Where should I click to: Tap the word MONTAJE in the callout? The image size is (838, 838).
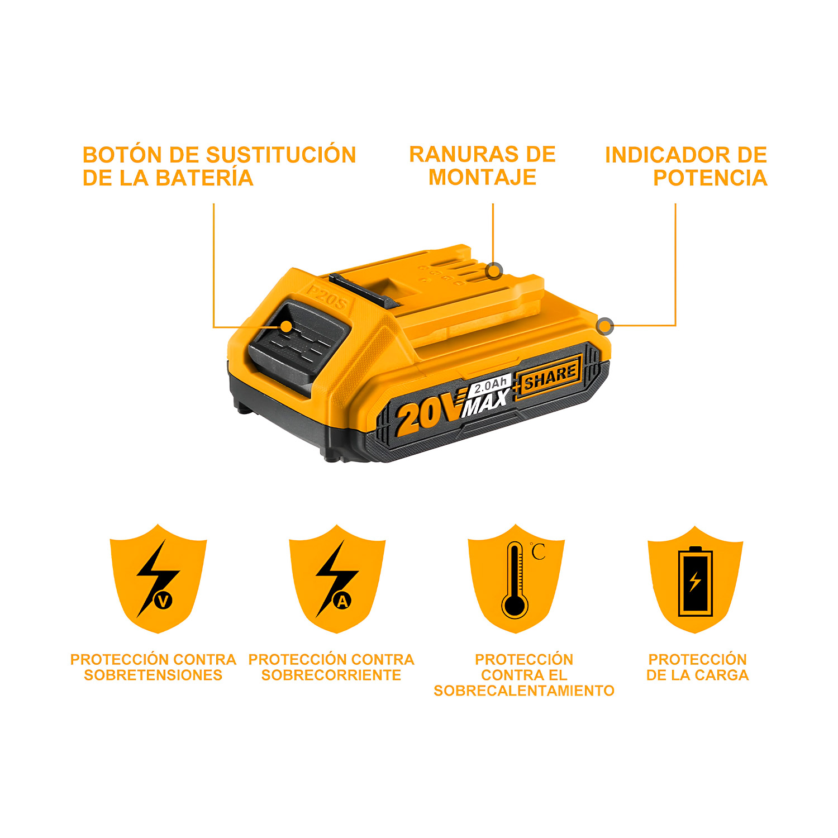[482, 177]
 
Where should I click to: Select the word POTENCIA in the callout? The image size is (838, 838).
[710, 178]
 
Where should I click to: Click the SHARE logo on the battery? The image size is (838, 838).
[550, 377]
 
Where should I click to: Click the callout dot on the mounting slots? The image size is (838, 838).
[494, 272]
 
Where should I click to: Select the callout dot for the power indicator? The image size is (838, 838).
[605, 326]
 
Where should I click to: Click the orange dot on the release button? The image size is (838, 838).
[286, 327]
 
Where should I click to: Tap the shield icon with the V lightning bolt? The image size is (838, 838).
[158, 578]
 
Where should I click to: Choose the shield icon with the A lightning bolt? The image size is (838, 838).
[337, 578]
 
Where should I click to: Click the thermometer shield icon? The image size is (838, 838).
[516, 578]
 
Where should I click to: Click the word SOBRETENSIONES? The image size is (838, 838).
[153, 675]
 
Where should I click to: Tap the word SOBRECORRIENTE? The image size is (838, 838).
[331, 675]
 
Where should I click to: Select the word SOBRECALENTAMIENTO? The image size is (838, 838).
[524, 691]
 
